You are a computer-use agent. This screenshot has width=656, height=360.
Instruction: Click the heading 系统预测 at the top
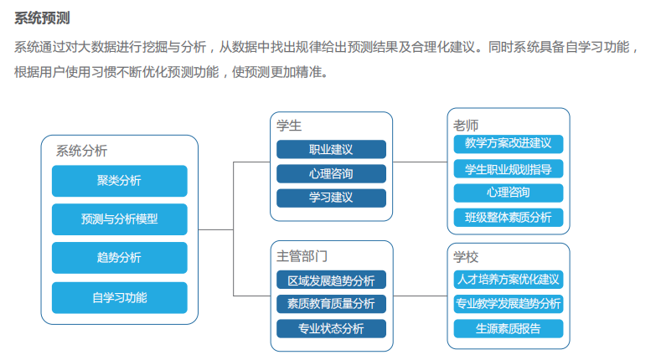coord(42,18)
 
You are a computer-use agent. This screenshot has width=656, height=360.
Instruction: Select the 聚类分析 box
coord(120,181)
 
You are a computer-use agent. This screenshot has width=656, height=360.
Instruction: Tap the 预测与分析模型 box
coord(120,219)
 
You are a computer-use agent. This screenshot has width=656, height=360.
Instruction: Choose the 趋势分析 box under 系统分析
coord(120,258)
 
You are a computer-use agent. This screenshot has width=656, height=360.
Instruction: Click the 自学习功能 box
coord(120,298)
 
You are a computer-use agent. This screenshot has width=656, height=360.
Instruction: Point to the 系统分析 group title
coord(81,151)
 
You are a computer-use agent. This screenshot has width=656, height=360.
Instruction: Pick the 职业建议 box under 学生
coord(331,149)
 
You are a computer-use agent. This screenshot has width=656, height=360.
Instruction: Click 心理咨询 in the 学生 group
coord(331,173)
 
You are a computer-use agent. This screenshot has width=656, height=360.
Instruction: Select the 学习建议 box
coord(331,198)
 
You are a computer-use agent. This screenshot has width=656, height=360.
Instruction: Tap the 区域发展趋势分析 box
coord(331,280)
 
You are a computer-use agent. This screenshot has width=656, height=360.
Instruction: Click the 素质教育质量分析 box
coord(331,304)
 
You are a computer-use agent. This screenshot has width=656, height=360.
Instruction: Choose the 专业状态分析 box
coord(331,329)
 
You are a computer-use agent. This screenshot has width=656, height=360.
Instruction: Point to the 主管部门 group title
coord(302,256)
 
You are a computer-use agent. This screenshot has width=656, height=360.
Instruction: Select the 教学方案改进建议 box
coord(509,144)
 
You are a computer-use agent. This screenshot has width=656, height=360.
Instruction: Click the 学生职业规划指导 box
coord(509,169)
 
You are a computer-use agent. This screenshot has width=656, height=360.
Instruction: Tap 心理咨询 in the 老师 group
coord(509,193)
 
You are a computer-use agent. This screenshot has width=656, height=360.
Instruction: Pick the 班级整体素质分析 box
coord(509,218)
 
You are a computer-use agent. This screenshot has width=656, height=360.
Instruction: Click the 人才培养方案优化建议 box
coord(509,280)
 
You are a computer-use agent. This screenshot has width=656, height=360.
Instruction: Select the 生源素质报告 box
coord(509,329)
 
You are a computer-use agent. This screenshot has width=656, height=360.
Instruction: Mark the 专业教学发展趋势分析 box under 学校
coord(509,304)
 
